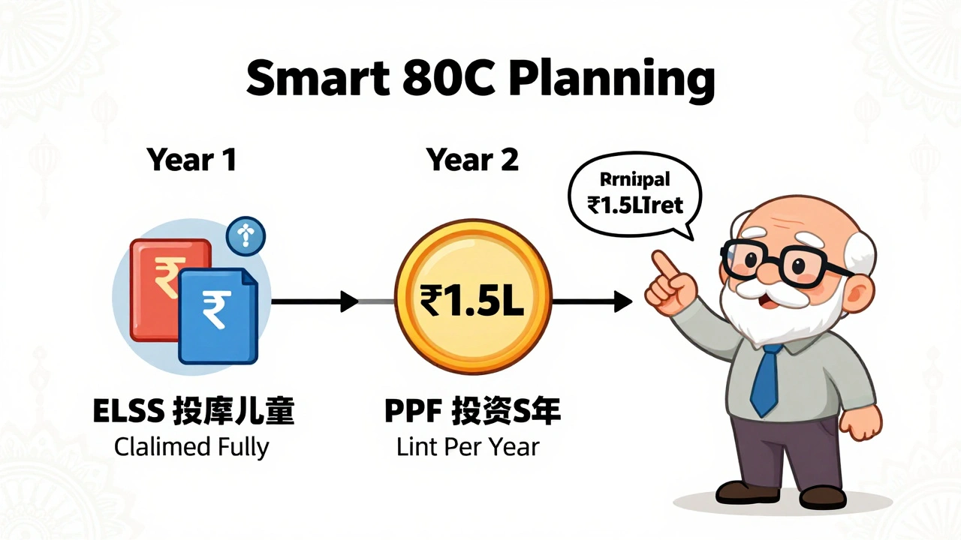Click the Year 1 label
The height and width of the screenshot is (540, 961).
191,160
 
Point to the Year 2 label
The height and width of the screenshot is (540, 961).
472,160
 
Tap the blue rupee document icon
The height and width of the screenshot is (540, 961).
217,315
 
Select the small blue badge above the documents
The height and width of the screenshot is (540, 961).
246,236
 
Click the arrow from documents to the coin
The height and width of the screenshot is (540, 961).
315,302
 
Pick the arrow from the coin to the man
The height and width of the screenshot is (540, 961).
593,302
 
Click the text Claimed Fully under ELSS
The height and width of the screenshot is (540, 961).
191,447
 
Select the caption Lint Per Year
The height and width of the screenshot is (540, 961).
467,447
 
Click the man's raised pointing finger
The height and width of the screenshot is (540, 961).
660,263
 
